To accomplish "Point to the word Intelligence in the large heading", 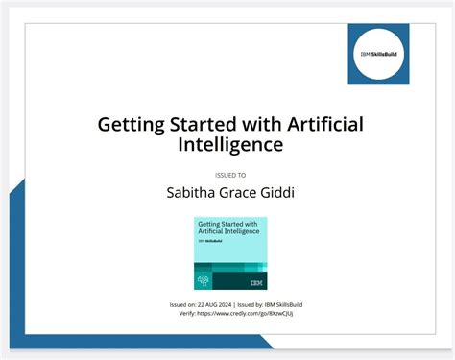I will (x=231, y=145).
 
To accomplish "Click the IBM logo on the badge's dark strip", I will (x=255, y=282).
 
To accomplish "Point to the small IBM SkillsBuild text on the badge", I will (x=208, y=242).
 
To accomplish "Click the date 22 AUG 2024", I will (x=214, y=304).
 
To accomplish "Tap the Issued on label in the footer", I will (x=182, y=304).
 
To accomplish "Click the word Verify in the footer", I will (x=180, y=313).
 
